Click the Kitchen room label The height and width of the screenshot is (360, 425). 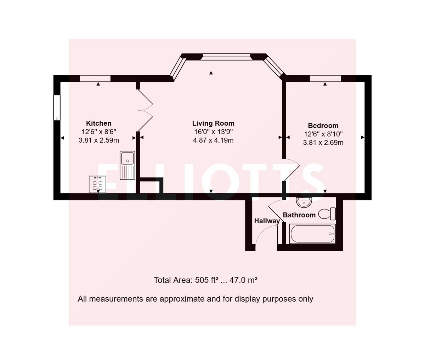pos(98,123)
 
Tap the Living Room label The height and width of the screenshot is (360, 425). pos(213,123)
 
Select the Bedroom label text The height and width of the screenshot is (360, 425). pos(323,125)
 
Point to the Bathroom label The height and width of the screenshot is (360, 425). pos(299,215)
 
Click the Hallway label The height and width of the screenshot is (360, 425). pos(267,221)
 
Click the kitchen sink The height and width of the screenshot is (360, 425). pos(127,165)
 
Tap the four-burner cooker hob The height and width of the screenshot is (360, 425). pos(97,184)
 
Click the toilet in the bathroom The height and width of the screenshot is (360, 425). pos(327,213)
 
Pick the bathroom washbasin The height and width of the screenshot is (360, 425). pos(304,202)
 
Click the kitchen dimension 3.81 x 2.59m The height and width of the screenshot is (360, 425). pos(98,140)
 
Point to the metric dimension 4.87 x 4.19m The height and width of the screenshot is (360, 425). pos(213,140)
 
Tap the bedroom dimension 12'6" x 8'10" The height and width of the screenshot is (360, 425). pos(323,134)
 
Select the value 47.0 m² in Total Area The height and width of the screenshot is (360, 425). pos(243,280)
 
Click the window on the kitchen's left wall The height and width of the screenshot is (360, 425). pos(56,108)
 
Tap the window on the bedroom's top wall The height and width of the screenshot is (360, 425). pos(325,79)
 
